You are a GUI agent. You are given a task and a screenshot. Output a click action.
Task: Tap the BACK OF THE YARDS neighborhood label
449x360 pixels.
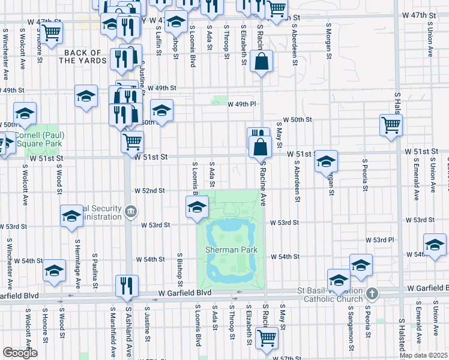pyautogui.click(x=83, y=56)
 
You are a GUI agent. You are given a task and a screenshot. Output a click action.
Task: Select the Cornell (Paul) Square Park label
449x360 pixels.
pyautogui.click(x=40, y=139)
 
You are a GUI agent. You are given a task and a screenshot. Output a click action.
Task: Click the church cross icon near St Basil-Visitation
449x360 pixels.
pyautogui.click(x=372, y=293)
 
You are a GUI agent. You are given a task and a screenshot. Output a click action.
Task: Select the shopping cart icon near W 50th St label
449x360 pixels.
pyautogui.click(x=391, y=125)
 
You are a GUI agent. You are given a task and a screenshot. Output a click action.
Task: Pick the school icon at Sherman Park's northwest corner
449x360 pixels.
pyautogui.click(x=197, y=208)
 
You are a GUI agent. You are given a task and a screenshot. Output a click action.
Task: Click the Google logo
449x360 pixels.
pyautogui.click(x=20, y=353)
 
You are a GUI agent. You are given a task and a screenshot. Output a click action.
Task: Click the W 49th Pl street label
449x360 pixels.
pyautogui.click(x=241, y=104)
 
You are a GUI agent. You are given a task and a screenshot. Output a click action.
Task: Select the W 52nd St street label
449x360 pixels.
pyautogui.click(x=149, y=190)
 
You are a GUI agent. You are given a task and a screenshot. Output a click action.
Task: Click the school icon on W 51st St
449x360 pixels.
pyautogui.click(x=326, y=160)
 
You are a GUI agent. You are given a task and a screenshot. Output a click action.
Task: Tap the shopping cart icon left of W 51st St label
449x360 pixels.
pyautogui.click(x=132, y=142)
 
